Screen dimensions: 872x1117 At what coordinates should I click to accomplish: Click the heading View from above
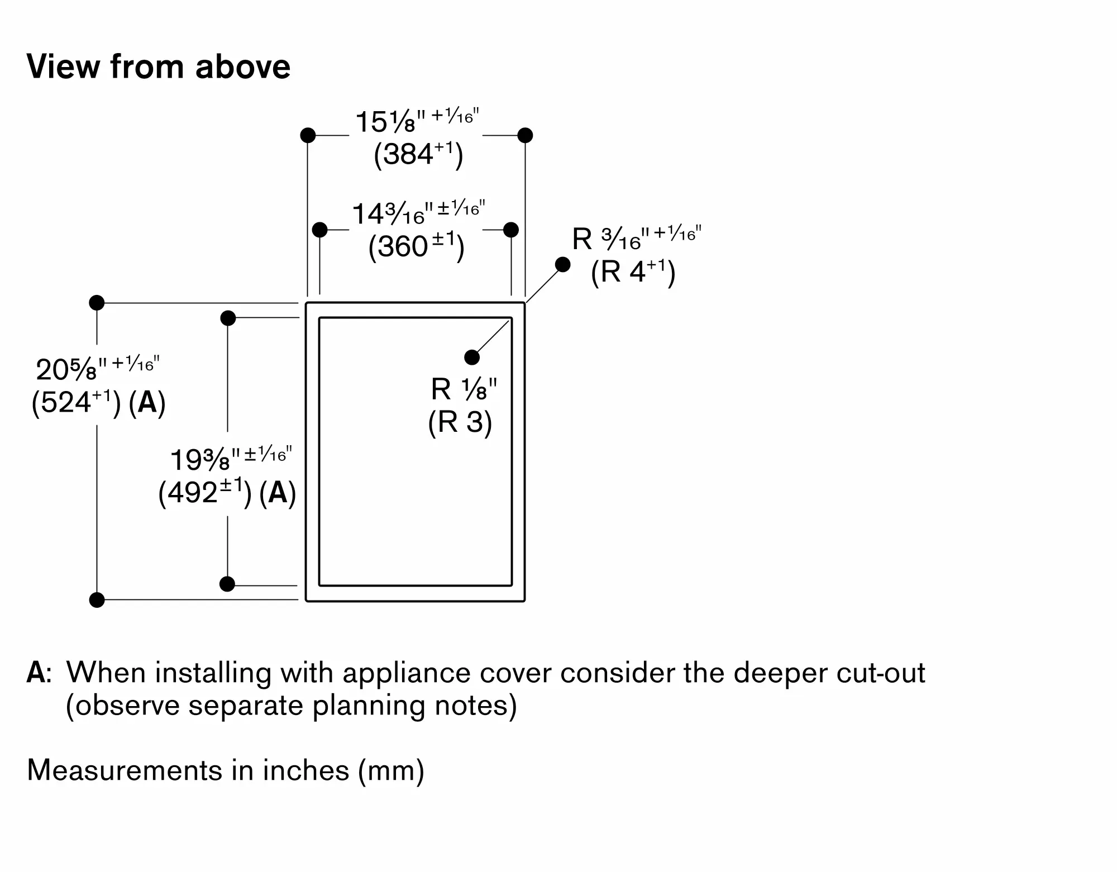tap(159, 67)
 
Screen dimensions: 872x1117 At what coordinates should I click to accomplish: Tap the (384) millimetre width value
tap(418, 154)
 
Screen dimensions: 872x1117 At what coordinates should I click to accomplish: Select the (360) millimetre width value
tap(416, 247)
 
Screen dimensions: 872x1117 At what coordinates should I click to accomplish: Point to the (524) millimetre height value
tap(76, 402)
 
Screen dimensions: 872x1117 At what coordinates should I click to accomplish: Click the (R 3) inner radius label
tap(460, 422)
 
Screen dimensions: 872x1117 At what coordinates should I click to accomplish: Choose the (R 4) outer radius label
tap(633, 273)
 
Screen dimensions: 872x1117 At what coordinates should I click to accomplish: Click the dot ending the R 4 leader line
tap(563, 264)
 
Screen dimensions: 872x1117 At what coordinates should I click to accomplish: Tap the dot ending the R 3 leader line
tap(472, 357)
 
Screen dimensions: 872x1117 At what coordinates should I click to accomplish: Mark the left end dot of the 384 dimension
tap(308, 135)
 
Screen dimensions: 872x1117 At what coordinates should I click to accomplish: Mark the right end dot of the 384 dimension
tap(525, 135)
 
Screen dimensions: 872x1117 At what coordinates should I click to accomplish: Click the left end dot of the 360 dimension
tap(319, 230)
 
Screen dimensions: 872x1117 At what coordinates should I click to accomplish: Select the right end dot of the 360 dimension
tap(511, 230)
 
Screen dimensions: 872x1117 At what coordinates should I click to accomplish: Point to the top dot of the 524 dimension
tap(97, 303)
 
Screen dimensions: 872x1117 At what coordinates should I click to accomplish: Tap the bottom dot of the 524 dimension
tap(97, 600)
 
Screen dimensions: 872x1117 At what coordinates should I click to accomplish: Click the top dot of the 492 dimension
tap(228, 318)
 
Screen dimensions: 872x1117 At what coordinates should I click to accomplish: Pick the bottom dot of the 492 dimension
tap(227, 584)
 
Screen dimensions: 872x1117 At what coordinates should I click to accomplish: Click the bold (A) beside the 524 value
tap(147, 402)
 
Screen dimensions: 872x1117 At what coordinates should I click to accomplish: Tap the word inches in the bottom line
tap(306, 770)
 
